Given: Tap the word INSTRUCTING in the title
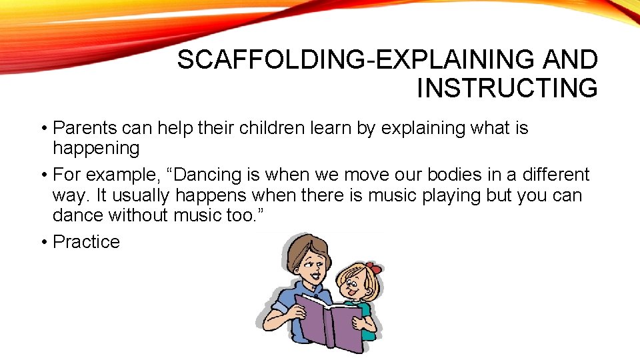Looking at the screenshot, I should tap(507, 88).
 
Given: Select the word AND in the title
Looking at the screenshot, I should tap(570, 61).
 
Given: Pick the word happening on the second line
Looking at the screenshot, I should tap(96, 148).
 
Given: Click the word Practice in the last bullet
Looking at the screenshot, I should tap(86, 242).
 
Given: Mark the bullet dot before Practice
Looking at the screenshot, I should tap(43, 242).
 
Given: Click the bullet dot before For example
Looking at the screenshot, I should tap(43, 175).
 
